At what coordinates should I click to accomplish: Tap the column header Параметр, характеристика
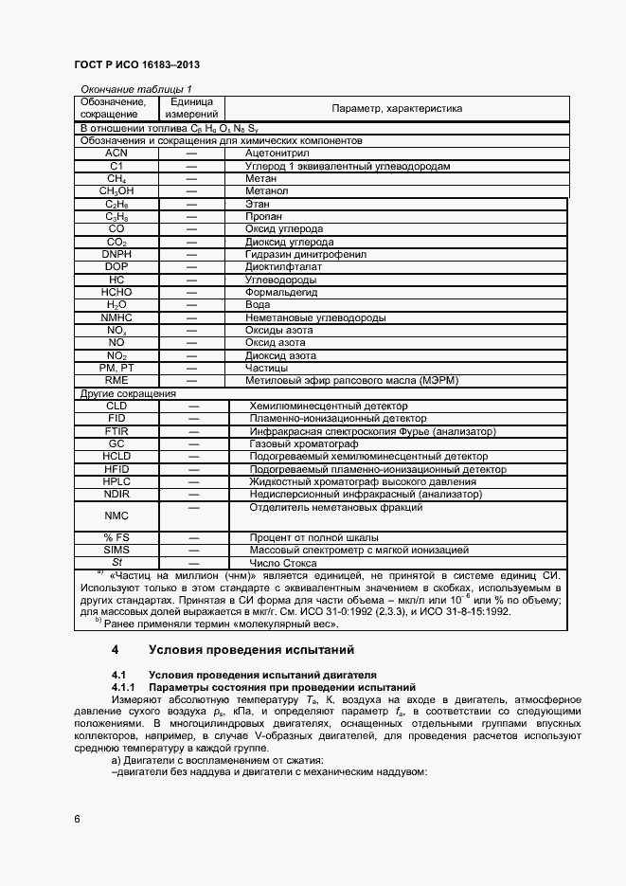396,108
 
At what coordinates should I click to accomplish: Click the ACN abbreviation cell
116,153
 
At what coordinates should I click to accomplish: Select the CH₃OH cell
116,190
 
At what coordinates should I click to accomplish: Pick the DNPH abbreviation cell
116,255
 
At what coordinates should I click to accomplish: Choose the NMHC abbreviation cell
116,318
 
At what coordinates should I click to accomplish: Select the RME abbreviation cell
116,380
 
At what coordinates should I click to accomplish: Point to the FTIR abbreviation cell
116,430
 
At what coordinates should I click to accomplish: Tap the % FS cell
116,537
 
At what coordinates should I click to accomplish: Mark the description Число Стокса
282,562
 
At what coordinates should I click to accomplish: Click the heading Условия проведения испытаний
251,650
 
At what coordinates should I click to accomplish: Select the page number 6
78,818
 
